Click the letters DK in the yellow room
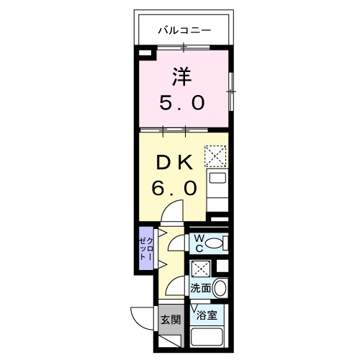coord(173,163)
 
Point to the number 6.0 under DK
coord(173,189)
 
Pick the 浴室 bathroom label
coord(215,313)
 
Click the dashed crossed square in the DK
coord(215,156)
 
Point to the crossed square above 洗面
coord(202,268)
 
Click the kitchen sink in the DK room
coord(217,180)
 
